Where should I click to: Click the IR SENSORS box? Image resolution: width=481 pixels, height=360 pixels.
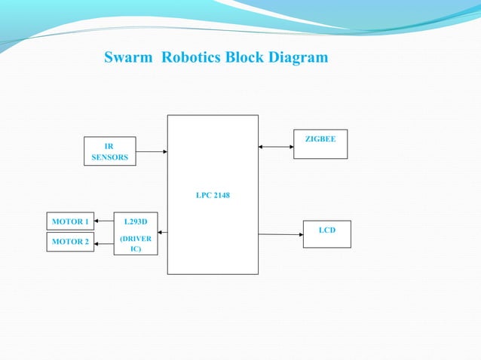click(x=109, y=151)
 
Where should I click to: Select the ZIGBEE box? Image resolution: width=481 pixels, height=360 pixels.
click(x=320, y=144)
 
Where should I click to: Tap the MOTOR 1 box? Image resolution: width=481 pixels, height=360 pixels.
click(x=70, y=221)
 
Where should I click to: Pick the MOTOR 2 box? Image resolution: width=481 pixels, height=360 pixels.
click(x=70, y=242)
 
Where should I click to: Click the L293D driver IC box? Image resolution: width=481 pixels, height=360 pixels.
click(x=136, y=233)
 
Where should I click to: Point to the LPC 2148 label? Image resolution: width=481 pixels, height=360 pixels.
click(x=213, y=195)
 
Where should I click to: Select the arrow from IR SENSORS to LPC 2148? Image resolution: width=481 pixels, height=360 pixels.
click(x=152, y=151)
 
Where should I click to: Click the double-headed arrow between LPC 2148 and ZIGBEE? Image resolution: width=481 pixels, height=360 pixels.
click(x=276, y=147)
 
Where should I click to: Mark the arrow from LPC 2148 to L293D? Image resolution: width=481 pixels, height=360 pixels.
click(x=163, y=233)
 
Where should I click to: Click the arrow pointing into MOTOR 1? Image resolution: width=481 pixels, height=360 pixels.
click(x=104, y=221)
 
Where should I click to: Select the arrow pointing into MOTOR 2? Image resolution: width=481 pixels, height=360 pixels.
click(x=104, y=242)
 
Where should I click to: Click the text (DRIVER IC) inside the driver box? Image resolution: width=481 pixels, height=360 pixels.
click(x=136, y=243)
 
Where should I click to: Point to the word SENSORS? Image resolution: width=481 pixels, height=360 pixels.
click(x=109, y=157)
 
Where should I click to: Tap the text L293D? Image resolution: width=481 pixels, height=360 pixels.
click(x=136, y=221)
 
